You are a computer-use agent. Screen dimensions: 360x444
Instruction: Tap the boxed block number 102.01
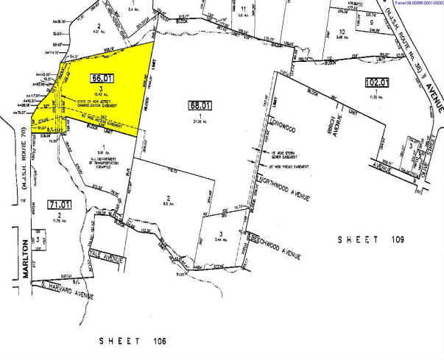(378, 81)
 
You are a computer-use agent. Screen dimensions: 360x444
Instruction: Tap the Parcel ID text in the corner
(412, 4)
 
